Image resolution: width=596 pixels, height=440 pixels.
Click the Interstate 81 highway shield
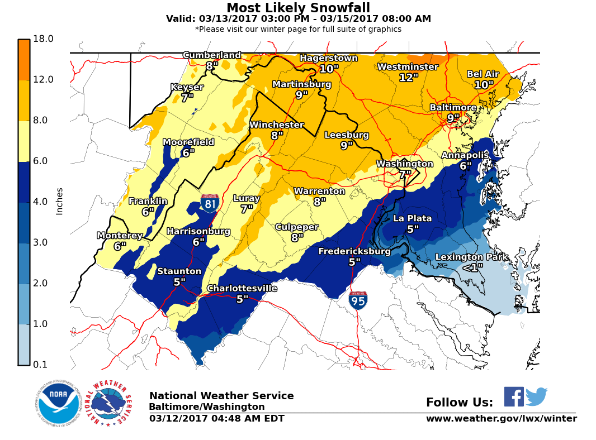pos(210,203)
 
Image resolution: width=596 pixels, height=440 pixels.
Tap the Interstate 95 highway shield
pos(358,300)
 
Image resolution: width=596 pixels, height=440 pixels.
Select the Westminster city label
pos(408,67)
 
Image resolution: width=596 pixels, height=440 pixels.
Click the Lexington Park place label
pos(472,257)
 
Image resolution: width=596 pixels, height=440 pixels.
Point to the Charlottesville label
pos(242,288)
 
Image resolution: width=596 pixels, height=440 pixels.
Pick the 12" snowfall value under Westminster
pos(409,78)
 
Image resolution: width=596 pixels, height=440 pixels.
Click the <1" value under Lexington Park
pos(472,268)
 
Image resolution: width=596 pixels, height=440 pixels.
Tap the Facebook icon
pos(514,396)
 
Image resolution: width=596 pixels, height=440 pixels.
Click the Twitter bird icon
pos(536,396)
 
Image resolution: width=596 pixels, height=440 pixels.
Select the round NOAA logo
pos(59,403)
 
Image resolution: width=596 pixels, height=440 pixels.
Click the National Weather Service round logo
pos(110,403)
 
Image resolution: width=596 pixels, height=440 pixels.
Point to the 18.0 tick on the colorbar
pos(43,39)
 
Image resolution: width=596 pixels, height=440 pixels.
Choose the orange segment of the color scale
pos(24,60)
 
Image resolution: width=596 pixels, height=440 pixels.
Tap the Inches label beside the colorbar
pos(59,201)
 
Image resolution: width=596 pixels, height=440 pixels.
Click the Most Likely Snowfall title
pos(298,8)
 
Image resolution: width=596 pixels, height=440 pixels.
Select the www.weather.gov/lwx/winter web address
pos(501,419)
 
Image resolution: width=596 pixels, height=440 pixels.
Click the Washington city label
pos(404,164)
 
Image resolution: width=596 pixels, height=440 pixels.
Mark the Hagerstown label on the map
pos(328,58)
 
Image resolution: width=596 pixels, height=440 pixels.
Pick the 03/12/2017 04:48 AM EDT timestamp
pos(216,419)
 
